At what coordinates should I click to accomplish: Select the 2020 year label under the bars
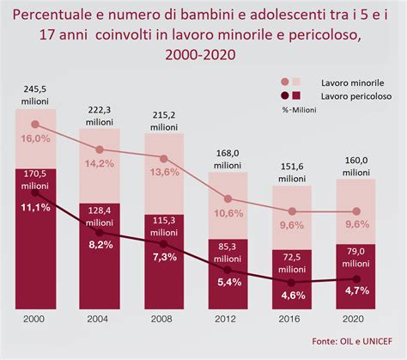(353, 319)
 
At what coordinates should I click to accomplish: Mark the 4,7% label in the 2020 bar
(353, 291)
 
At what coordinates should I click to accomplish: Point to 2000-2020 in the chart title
(203, 55)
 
